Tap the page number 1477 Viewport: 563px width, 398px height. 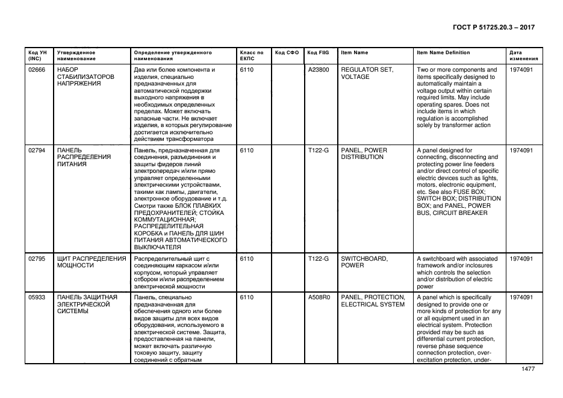527,369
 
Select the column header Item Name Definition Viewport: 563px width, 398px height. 443,53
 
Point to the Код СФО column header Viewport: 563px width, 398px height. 287,53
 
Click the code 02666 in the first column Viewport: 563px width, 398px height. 37,70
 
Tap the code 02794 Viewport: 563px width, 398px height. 37,151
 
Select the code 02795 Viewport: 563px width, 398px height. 37,259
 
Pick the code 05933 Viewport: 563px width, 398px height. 37,297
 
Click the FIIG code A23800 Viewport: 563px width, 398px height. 318,70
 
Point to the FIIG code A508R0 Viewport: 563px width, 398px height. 319,297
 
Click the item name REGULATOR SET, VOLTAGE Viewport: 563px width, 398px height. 367,73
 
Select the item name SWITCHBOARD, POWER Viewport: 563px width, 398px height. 364,262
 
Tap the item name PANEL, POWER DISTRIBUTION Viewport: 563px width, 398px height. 364,154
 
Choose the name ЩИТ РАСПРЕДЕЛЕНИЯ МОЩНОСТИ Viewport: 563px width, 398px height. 91,262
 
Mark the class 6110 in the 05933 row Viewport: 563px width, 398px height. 246,297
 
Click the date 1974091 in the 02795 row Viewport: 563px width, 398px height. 521,259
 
